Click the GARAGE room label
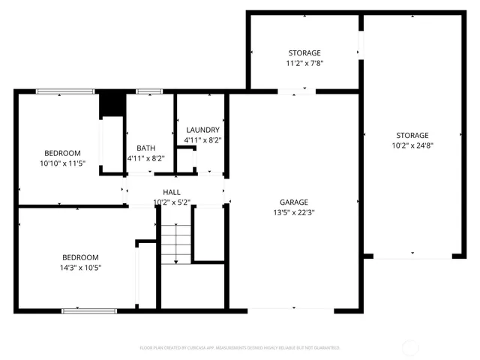pyautogui.click(x=294, y=202)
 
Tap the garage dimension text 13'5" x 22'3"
pyautogui.click(x=294, y=211)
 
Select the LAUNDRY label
pyautogui.click(x=202, y=130)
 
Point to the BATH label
pyautogui.click(x=145, y=148)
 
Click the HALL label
pyautogui.click(x=172, y=193)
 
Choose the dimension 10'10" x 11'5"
pyautogui.click(x=63, y=162)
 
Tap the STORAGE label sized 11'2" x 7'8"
pyautogui.click(x=304, y=53)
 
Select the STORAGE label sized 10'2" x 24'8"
pyautogui.click(x=412, y=135)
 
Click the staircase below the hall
pyautogui.click(x=177, y=244)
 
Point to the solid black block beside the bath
pyautogui.click(x=112, y=103)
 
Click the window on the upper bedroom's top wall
pyautogui.click(x=66, y=91)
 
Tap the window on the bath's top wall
pyautogui.click(x=149, y=91)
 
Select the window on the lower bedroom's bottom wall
pyautogui.click(x=89, y=310)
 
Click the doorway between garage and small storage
pyautogui.click(x=297, y=91)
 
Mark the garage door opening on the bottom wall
pyautogui.click(x=291, y=310)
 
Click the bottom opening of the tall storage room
pyautogui.click(x=412, y=256)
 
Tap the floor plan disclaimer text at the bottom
pyautogui.click(x=240, y=348)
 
